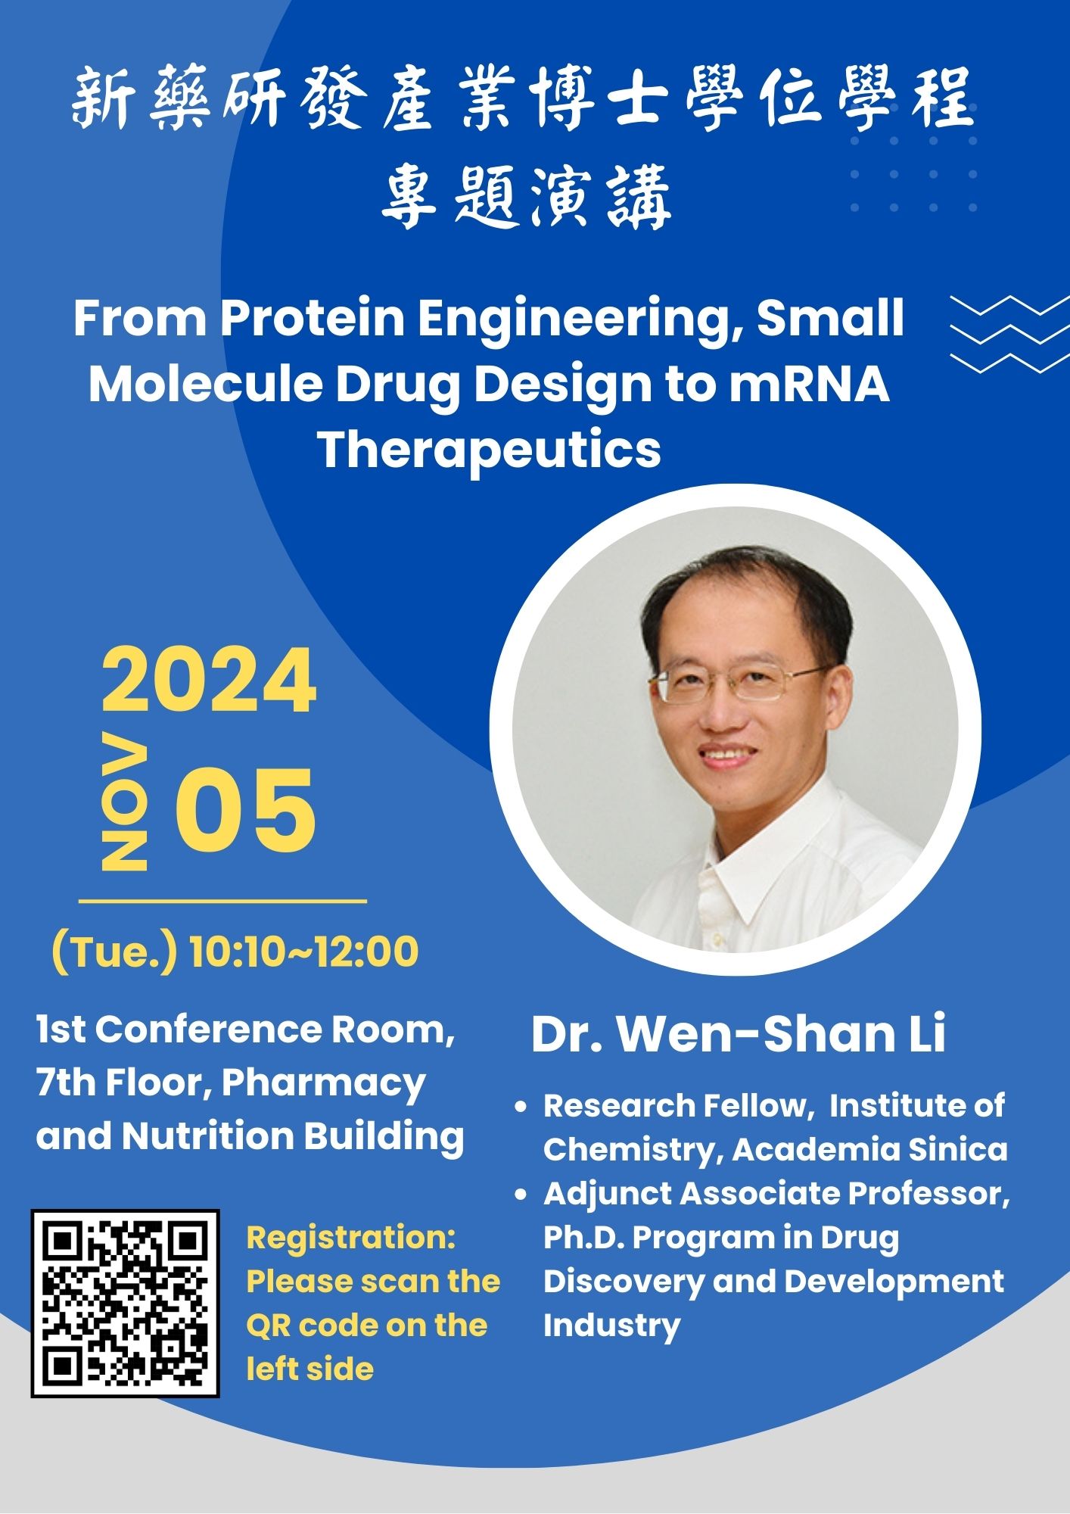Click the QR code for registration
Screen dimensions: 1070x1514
[x=125, y=1304]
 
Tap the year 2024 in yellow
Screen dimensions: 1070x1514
[x=209, y=681]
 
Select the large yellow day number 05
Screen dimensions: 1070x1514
[x=245, y=811]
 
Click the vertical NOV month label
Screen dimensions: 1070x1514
[x=124, y=802]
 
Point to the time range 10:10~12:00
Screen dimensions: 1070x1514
[x=303, y=952]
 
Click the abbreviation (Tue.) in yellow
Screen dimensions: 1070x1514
[x=114, y=952]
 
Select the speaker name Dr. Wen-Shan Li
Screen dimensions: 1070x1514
[x=738, y=1033]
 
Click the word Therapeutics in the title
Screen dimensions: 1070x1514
[x=489, y=450]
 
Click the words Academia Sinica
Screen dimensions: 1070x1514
[x=870, y=1149]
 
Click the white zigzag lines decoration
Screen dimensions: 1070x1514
[x=1009, y=335]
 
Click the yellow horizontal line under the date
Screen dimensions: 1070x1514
[x=222, y=902]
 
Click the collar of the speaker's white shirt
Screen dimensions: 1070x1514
[x=764, y=855]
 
